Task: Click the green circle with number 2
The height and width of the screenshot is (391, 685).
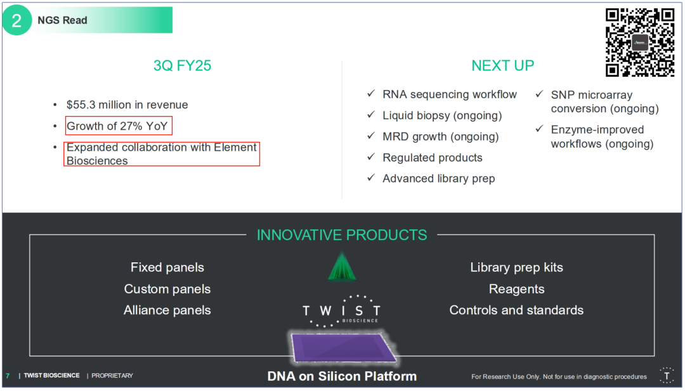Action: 17,20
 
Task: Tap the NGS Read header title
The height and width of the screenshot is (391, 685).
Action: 62,20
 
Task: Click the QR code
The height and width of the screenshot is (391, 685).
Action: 639,42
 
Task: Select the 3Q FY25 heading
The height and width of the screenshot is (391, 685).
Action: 182,65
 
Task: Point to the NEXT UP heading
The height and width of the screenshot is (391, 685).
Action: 502,65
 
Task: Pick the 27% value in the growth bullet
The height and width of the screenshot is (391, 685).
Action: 131,126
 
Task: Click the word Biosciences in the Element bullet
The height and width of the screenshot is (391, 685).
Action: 97,160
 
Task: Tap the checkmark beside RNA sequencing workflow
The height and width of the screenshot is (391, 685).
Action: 371,93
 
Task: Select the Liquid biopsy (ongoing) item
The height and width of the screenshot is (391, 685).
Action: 442,115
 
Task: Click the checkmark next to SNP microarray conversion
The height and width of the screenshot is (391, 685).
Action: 539,94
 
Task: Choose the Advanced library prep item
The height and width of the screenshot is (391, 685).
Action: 439,179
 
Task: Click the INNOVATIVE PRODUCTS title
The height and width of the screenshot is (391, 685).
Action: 342,234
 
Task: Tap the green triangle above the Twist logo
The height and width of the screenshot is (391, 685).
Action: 342,266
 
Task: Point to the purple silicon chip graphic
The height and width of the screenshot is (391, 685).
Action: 343,347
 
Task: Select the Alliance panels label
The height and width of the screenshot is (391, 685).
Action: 167,311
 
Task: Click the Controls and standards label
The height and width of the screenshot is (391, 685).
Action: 516,311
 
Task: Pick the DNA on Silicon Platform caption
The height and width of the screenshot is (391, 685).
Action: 342,376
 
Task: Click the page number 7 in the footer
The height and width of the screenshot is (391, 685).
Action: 8,376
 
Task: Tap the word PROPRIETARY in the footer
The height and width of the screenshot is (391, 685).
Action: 112,376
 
